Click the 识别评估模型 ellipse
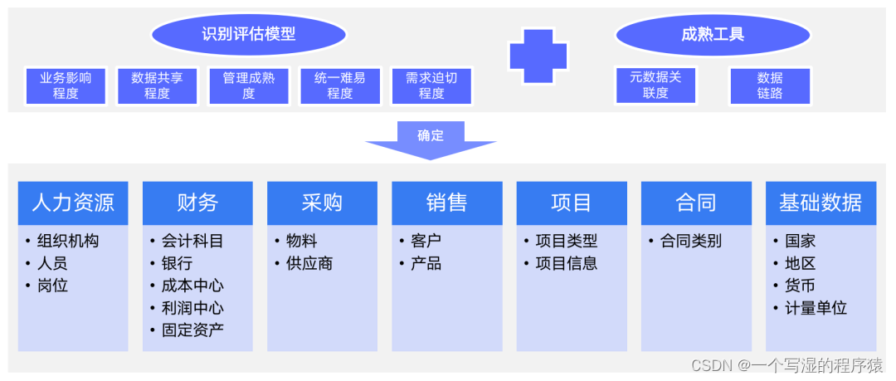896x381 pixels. [x=249, y=35]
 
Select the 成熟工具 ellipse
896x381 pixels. [x=713, y=35]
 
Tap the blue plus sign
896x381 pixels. [x=538, y=56]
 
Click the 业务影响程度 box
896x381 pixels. [x=66, y=85]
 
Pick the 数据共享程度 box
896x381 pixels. [x=157, y=85]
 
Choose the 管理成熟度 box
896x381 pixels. [x=249, y=85]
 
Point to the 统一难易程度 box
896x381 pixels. [x=340, y=85]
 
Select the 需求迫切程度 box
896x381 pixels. [x=431, y=85]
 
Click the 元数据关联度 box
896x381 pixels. [x=655, y=85]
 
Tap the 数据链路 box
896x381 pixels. [x=770, y=85]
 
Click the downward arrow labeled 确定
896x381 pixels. [x=431, y=139]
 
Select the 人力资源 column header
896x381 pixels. [x=73, y=203]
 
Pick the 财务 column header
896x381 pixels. [x=197, y=203]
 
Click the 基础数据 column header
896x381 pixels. [x=821, y=203]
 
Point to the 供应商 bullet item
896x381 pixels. [x=309, y=264]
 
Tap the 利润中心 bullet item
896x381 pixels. [x=192, y=308]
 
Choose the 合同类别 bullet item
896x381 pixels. [x=690, y=242]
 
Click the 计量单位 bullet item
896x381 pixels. [x=816, y=308]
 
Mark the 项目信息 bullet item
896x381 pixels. [x=566, y=264]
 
